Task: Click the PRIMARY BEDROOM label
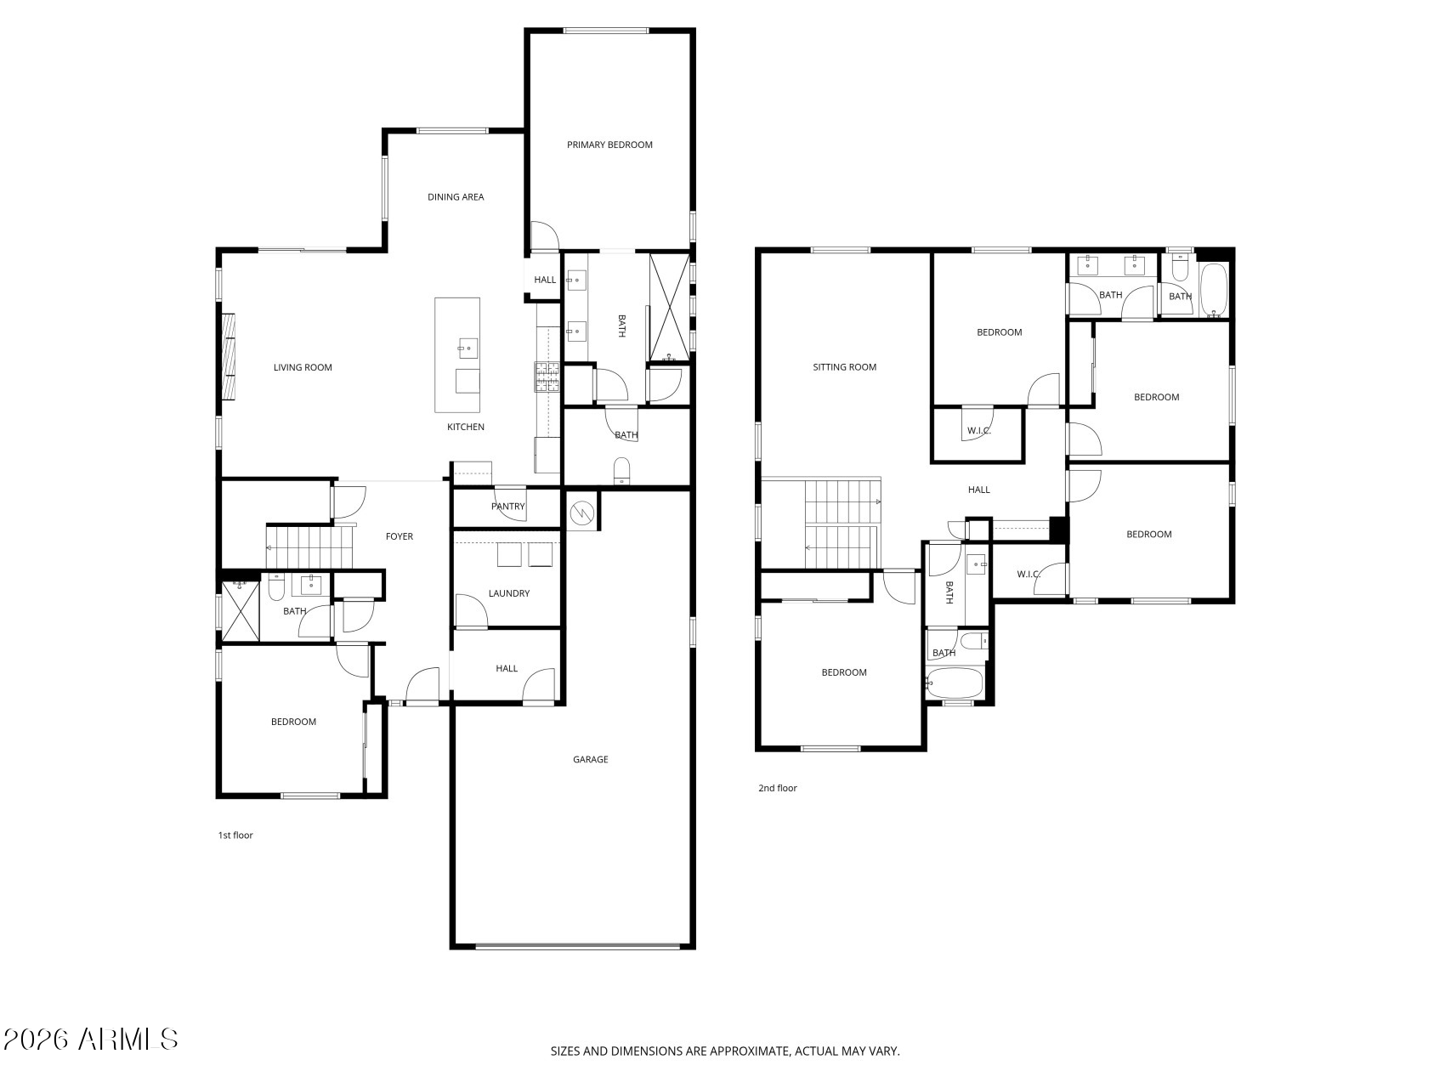click(x=609, y=144)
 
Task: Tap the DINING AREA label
click(x=456, y=197)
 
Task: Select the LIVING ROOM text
click(x=303, y=368)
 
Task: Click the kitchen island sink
click(x=468, y=348)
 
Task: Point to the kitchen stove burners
click(x=547, y=377)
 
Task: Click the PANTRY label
click(x=508, y=507)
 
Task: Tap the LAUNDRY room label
click(x=509, y=593)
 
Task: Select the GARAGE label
click(x=590, y=760)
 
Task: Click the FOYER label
click(x=400, y=536)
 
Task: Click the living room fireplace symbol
click(x=228, y=356)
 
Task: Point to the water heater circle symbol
click(x=582, y=513)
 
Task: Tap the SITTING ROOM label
click(x=844, y=367)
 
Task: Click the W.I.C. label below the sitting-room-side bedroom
click(x=979, y=431)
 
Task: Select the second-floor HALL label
click(x=979, y=490)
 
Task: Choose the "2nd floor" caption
click(x=778, y=789)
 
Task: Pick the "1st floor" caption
click(x=235, y=836)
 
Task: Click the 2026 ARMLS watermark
click(x=90, y=1039)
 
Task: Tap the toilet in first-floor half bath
click(x=621, y=470)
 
